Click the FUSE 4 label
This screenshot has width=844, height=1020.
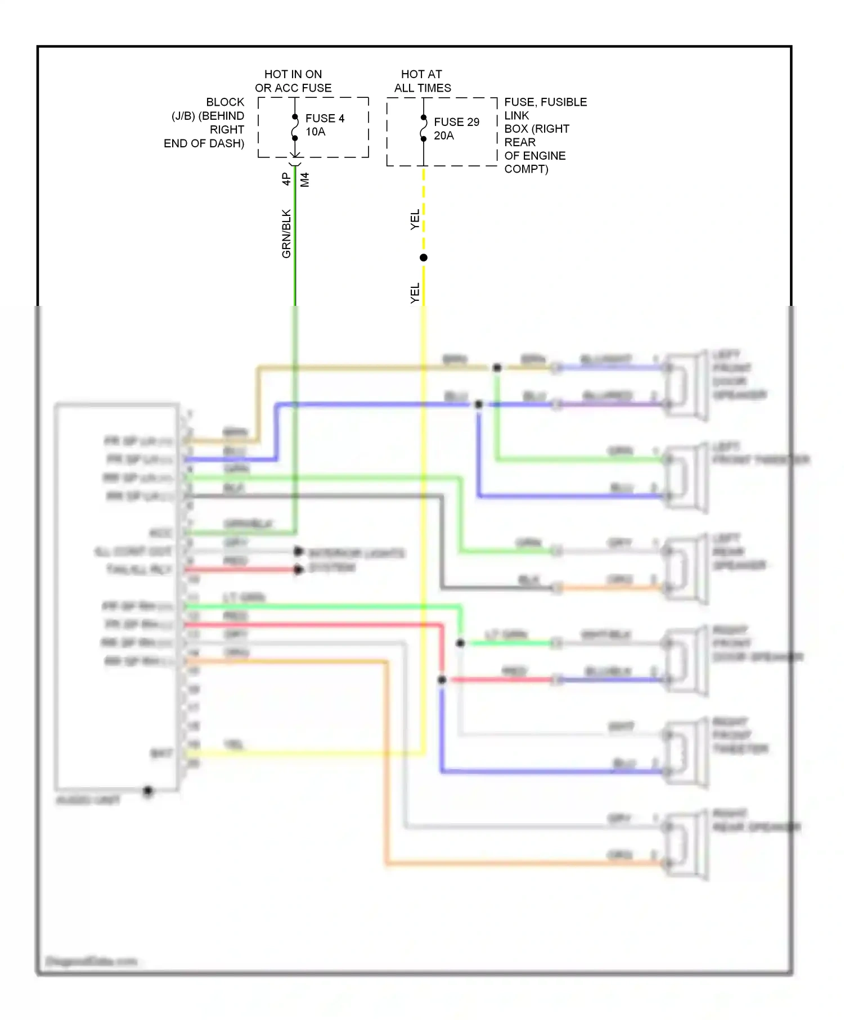[x=325, y=118]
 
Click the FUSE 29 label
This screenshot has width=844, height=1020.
[x=456, y=122]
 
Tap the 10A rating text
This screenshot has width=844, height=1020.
[x=315, y=132]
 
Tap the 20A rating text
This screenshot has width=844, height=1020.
[x=443, y=136]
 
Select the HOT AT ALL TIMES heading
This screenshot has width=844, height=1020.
[x=422, y=81]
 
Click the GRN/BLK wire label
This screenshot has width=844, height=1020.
[x=286, y=233]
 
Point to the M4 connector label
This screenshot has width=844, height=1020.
[x=305, y=180]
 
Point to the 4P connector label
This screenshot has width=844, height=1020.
[x=286, y=179]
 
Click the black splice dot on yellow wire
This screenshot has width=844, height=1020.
[x=424, y=258]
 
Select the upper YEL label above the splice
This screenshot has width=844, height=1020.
[x=415, y=219]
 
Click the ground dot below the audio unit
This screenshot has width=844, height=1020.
[x=148, y=791]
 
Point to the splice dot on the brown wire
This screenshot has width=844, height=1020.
[x=497, y=368]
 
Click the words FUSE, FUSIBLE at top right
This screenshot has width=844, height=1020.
[x=545, y=102]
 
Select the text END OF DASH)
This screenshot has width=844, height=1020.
[x=204, y=143]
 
